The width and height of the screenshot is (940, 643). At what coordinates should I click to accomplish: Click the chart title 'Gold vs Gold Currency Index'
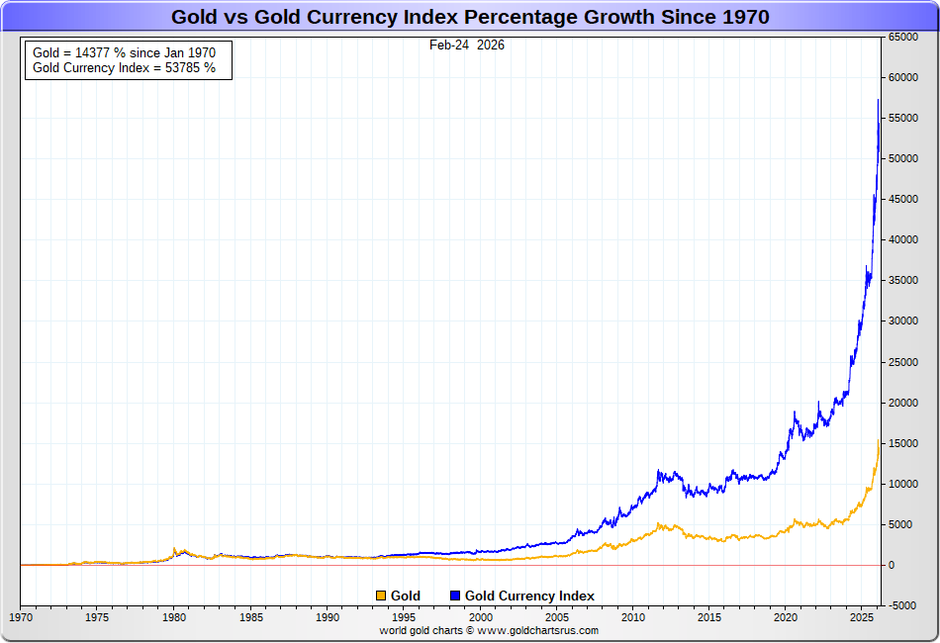tap(470, 17)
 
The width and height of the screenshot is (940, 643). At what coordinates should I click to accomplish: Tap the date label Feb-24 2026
tap(467, 45)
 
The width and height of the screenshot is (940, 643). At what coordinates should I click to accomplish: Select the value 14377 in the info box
tap(91, 52)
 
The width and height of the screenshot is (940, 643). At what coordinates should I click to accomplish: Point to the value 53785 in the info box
tap(182, 68)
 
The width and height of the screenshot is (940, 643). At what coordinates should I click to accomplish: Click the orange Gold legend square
tap(381, 596)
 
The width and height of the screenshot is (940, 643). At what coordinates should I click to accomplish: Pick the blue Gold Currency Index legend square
tap(455, 596)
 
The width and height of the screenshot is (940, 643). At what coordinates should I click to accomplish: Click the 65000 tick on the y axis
tap(902, 37)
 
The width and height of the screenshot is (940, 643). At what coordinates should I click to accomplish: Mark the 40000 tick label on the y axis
tap(902, 239)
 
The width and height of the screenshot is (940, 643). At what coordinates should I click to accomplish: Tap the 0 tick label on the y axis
tap(891, 565)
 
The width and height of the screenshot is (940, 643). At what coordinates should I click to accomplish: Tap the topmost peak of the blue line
tap(878, 100)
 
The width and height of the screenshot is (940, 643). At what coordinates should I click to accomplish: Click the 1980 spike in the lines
tap(175, 548)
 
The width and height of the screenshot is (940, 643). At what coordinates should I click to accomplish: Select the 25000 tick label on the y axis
tap(902, 362)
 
